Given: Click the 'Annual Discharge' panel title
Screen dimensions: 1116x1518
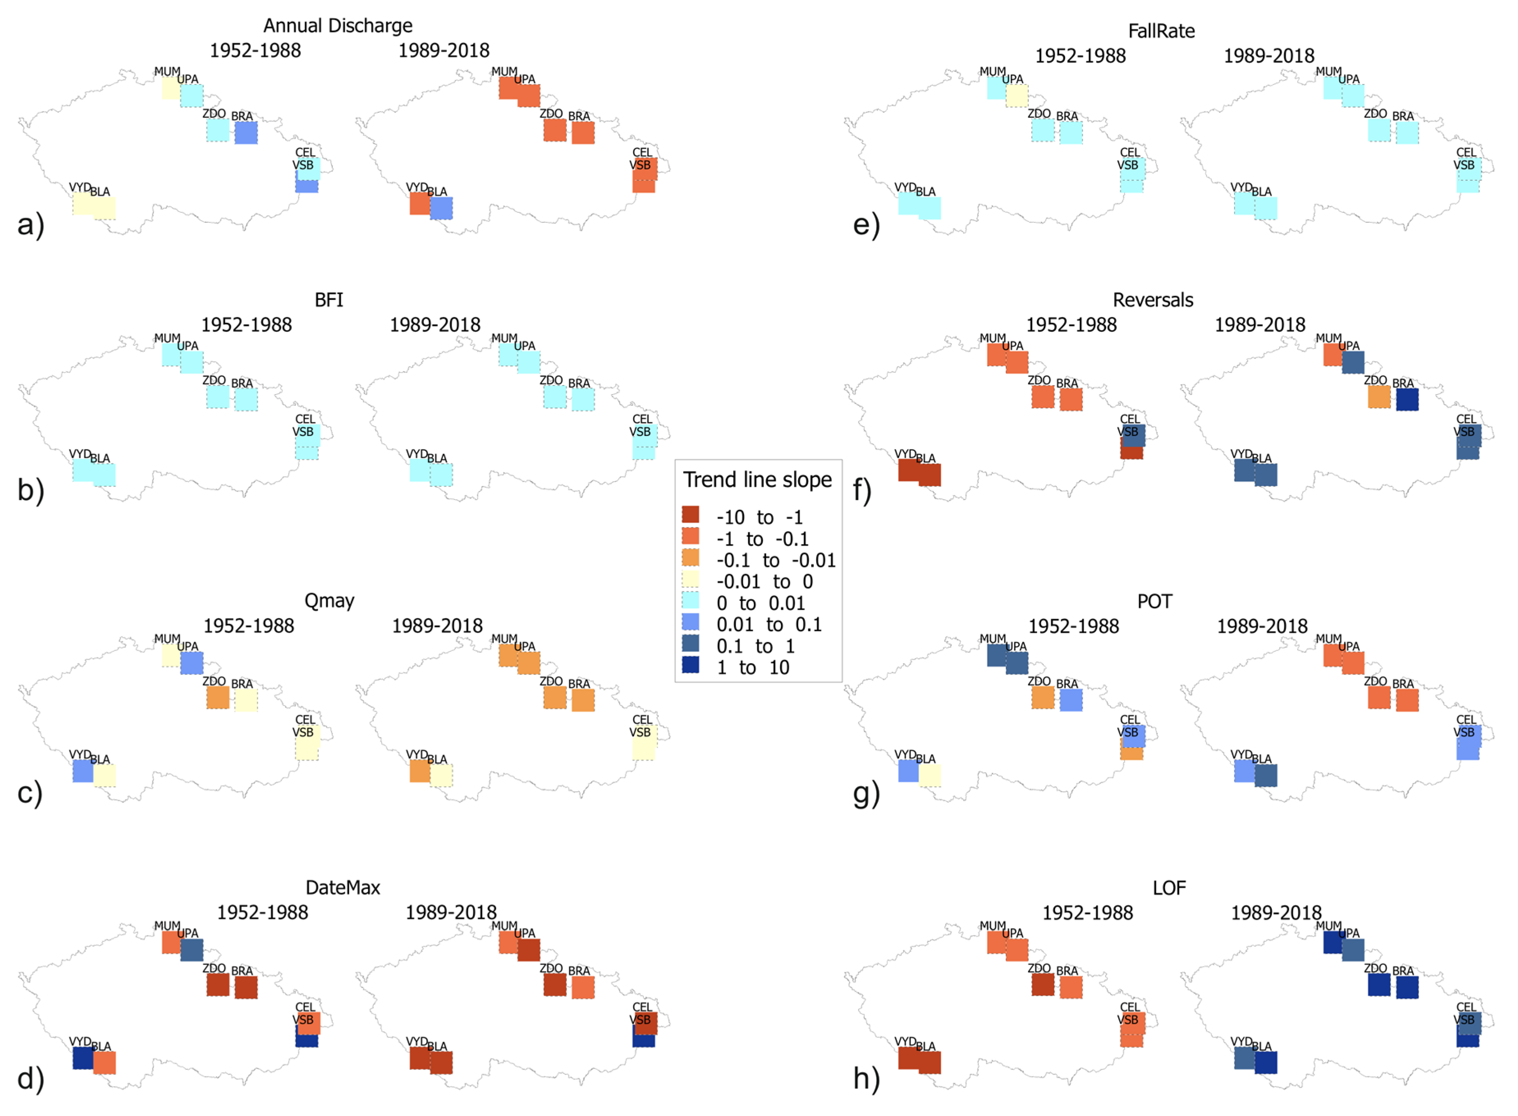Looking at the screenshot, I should (x=337, y=26).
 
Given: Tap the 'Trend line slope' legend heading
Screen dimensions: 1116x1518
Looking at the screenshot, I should (x=757, y=479).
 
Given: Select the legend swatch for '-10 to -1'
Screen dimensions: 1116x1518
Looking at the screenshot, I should (x=690, y=515).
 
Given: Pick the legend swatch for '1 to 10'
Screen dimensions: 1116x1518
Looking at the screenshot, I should (x=690, y=665).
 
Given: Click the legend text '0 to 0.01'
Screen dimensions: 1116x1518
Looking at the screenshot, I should (x=760, y=603).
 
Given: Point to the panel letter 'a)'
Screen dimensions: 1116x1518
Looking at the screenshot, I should (x=30, y=224).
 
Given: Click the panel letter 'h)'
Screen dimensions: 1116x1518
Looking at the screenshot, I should (x=866, y=1079).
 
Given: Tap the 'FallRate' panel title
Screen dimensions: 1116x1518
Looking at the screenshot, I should (x=1161, y=31).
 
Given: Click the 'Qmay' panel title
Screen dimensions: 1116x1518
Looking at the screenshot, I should (x=329, y=600).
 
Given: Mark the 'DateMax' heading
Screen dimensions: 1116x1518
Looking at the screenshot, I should (x=343, y=888).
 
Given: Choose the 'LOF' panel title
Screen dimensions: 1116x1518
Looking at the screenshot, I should (x=1169, y=888).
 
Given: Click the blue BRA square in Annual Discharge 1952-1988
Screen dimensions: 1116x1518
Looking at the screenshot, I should (x=246, y=133).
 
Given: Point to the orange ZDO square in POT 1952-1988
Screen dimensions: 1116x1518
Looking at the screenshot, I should (x=1042, y=698).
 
